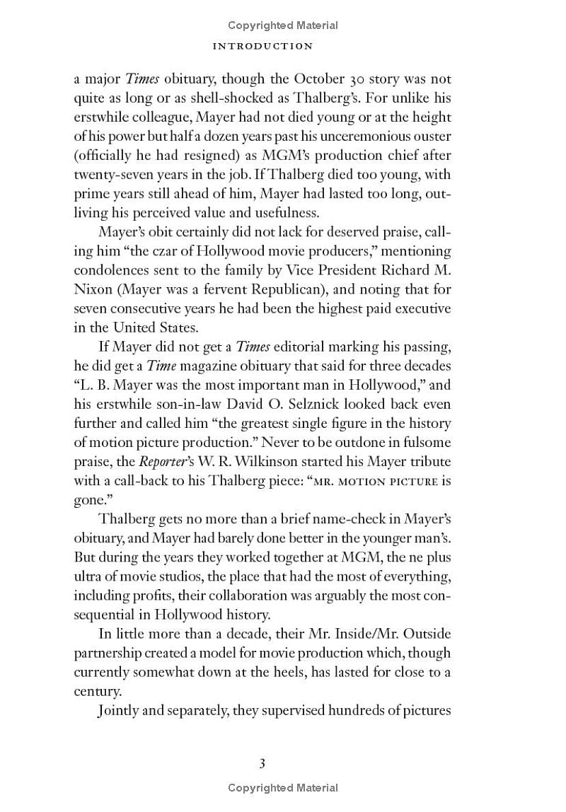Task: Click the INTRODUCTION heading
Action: [x=262, y=46]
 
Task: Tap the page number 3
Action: [x=262, y=763]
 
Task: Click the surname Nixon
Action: [x=96, y=289]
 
